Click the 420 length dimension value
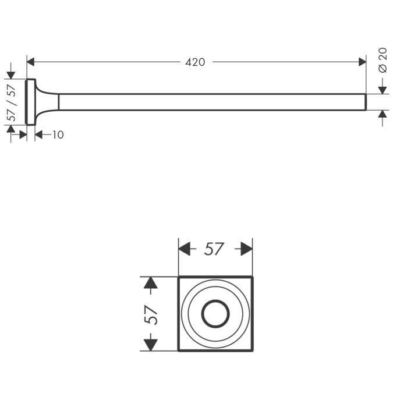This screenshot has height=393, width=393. tap(195, 62)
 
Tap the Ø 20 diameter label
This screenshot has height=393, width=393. tap(383, 60)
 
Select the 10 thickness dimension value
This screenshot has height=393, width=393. tap(58, 135)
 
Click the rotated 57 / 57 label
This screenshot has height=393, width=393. tap(12, 102)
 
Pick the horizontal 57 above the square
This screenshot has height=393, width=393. tap(214, 249)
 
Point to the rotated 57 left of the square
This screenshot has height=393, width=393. tap(151, 315)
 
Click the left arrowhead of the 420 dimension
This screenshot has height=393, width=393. tap(30, 62)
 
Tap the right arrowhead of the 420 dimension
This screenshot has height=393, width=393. tap(362, 62)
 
